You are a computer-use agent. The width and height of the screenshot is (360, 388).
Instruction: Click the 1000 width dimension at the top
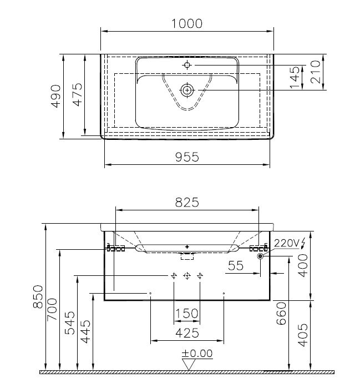click(187, 23)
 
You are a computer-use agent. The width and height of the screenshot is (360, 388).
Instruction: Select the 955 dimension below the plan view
click(187, 157)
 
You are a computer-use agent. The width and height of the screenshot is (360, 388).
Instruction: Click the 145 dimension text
click(295, 78)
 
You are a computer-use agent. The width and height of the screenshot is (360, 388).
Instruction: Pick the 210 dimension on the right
click(316, 73)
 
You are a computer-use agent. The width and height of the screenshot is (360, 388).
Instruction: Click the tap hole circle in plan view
click(187, 65)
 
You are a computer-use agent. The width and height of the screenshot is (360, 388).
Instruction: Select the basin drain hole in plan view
click(187, 89)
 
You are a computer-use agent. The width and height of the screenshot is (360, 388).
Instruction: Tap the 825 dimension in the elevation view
click(187, 203)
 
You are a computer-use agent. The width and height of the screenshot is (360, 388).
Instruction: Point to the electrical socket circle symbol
click(260, 256)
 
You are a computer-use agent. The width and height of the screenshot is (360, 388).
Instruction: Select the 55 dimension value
click(236, 266)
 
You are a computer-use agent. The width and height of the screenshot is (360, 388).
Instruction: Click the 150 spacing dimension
click(187, 314)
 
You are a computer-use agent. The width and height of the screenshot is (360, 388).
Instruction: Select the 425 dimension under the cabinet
click(187, 332)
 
